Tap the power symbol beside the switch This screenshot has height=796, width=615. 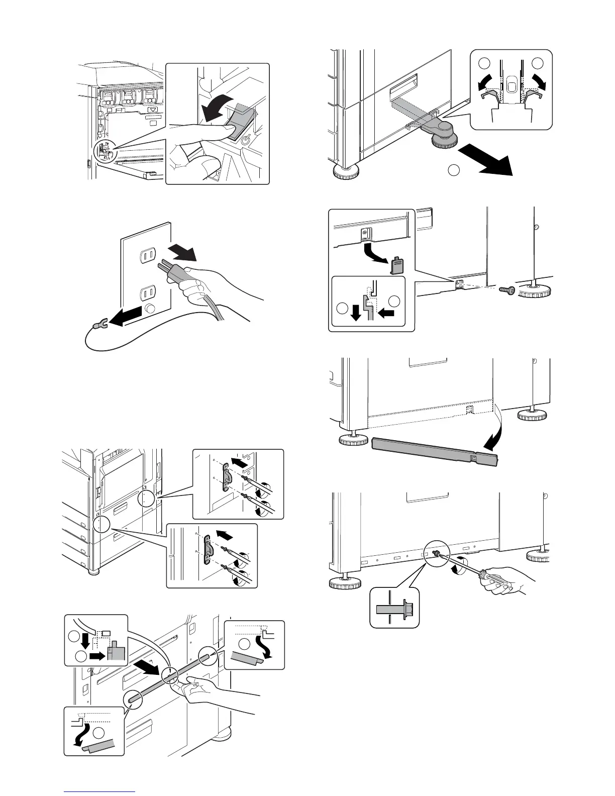[246, 140]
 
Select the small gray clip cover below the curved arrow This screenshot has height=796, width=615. [397, 265]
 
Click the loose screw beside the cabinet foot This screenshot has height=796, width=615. [506, 290]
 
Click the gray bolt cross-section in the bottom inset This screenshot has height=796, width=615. [394, 609]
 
